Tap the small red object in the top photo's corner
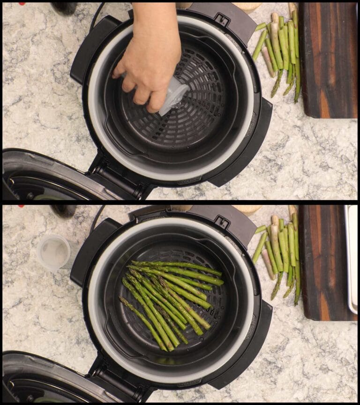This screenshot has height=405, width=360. pyautogui.click(x=21, y=3)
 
